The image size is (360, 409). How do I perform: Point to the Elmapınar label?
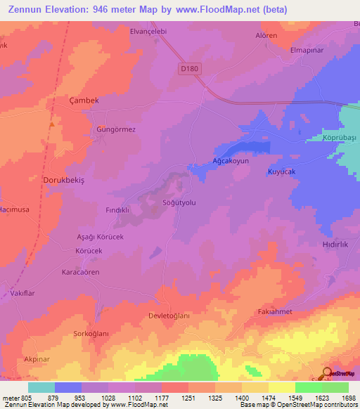coord(310,51)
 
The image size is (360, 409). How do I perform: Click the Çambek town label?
coord(83,100)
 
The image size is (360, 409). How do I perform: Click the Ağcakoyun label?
coord(231,161)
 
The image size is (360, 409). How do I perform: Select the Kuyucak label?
coord(282,172)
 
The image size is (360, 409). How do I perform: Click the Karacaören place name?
coord(81,272)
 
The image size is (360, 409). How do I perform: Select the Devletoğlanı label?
coord(169,316)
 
